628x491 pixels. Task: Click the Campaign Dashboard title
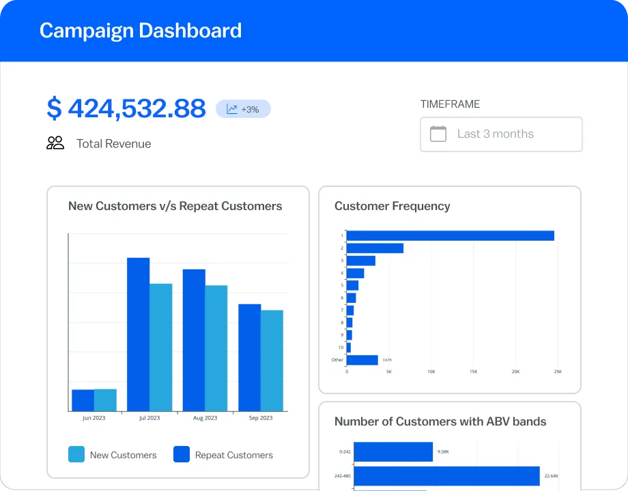(141, 31)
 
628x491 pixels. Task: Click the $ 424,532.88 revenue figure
(126, 108)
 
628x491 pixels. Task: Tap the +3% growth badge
(243, 109)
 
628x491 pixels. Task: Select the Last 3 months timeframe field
(501, 134)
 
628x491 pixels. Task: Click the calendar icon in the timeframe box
(438, 134)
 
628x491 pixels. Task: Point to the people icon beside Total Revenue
(55, 143)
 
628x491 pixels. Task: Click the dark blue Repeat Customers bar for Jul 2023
(138, 334)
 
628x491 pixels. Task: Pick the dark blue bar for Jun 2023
(83, 400)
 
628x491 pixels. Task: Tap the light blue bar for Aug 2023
(216, 348)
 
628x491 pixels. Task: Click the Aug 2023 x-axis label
(205, 418)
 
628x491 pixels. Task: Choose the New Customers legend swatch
(76, 455)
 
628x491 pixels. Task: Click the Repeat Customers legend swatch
(182, 455)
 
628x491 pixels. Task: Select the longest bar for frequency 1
(451, 236)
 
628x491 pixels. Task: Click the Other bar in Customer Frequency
(362, 360)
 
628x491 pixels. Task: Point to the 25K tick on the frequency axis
(558, 372)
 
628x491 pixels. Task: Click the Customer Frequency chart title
(392, 206)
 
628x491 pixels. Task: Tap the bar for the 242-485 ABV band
(446, 476)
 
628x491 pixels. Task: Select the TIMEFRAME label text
(450, 104)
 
